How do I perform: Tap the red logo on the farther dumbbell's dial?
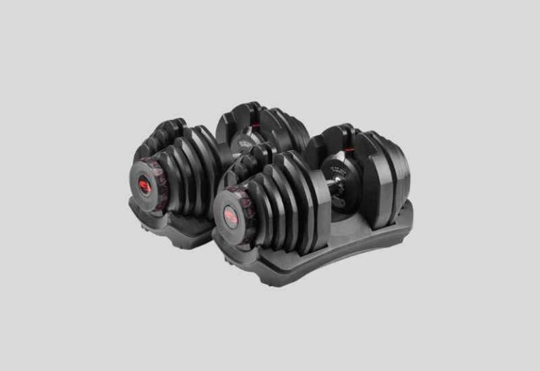pyautogui.click(x=144, y=185)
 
